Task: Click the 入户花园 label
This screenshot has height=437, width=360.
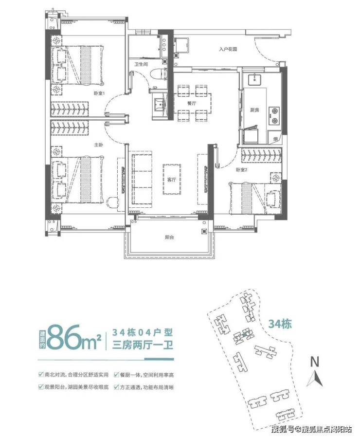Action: pos(228,49)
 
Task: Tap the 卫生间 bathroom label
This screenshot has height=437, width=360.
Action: pos(141,64)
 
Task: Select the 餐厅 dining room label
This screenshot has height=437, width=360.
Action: pos(192,103)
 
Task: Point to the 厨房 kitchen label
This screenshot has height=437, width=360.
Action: pos(254,110)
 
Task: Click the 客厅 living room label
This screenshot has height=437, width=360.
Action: pos(172,180)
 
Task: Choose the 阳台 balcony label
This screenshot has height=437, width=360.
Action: pos(169,238)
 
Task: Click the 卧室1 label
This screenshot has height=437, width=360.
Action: pos(99,93)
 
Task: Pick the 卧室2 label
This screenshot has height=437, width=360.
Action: pos(242,169)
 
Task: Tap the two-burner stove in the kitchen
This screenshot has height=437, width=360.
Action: pos(274,116)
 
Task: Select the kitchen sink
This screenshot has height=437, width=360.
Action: pos(254,79)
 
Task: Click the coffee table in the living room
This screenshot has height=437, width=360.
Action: pos(172,180)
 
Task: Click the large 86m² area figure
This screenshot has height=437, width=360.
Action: pos(74,338)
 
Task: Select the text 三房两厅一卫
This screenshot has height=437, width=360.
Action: pos(143,345)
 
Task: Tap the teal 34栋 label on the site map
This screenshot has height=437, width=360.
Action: pos(280,324)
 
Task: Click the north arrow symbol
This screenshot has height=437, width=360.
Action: pos(315,379)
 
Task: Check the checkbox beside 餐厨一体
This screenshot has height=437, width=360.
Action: pos(116,375)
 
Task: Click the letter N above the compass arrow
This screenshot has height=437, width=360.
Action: pos(315,362)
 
